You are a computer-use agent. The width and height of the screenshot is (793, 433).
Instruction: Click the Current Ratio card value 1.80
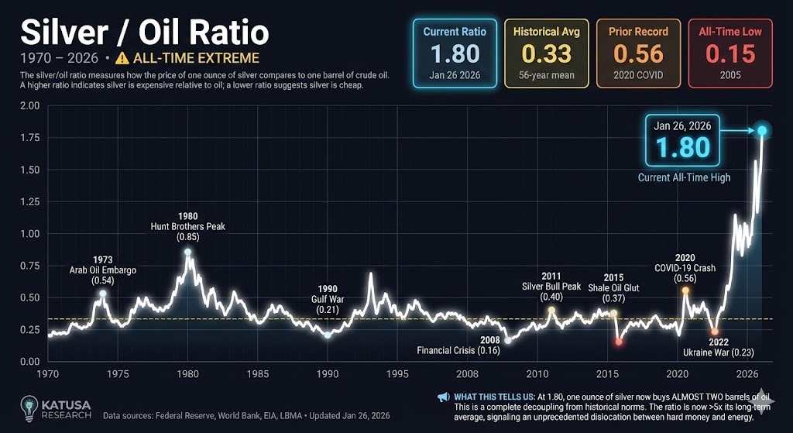pos(455,53)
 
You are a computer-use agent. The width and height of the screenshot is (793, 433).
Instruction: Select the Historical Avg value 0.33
pos(546,53)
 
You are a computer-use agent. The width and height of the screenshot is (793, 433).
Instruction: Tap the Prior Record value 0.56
pos(638,53)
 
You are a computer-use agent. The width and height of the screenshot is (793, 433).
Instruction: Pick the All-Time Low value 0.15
pos(729,53)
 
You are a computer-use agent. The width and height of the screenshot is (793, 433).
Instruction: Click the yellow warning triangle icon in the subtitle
pos(121,59)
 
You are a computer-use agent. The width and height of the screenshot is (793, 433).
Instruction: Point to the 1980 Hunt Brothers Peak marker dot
pos(187,253)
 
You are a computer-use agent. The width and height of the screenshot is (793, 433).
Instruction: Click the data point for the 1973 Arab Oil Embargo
pos(103,294)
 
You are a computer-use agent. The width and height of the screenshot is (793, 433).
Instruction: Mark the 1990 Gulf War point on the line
pos(328,335)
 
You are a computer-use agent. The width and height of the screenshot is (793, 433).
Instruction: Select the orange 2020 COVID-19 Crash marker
pos(685,290)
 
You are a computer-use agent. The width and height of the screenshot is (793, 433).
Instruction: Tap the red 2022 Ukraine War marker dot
pos(714,332)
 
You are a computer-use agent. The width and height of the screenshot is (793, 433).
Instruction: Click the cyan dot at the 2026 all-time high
pos(763,131)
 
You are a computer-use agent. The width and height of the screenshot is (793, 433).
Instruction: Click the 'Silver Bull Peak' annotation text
pos(551,286)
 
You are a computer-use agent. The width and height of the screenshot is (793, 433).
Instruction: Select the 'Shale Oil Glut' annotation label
pos(613,288)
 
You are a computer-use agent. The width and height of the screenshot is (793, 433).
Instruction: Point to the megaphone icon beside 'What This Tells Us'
pos(443,397)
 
